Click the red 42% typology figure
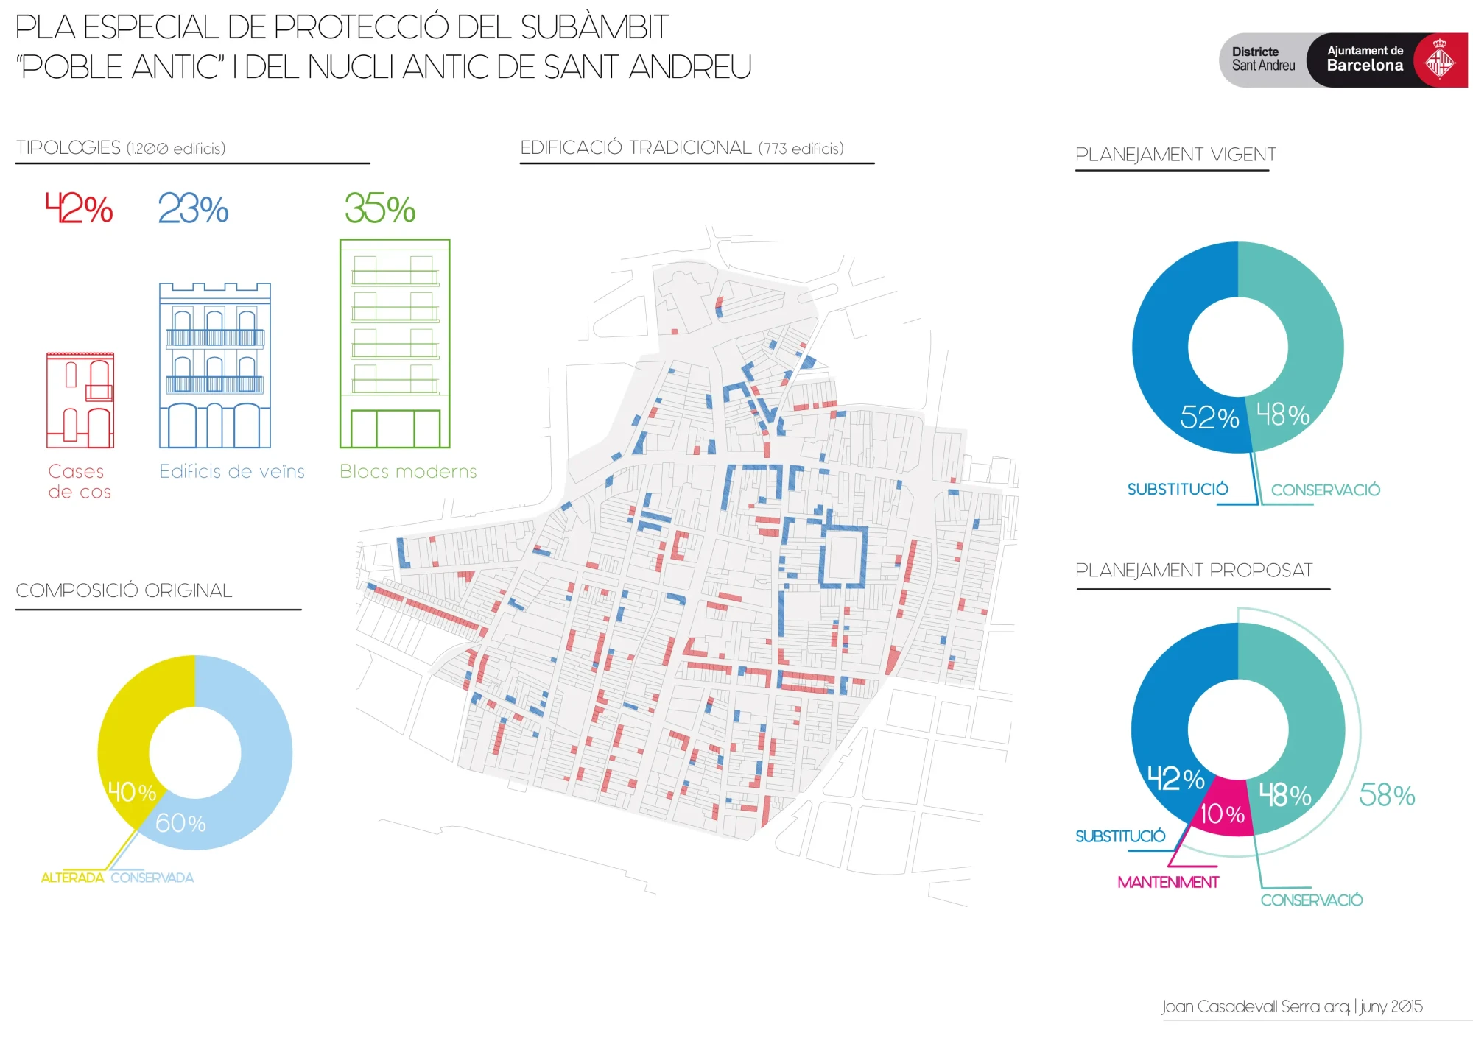[79, 208]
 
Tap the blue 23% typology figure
[193, 208]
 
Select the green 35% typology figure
[380, 208]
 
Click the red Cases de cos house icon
[80, 400]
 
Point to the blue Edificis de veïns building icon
[215, 365]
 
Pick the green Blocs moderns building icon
[395, 343]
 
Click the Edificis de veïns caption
[232, 471]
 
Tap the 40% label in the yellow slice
[132, 792]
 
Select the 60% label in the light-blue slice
[180, 823]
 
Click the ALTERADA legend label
[72, 878]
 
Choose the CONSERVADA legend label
[152, 878]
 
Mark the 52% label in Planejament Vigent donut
[1209, 417]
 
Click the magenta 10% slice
[1221, 810]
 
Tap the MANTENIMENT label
[1168, 882]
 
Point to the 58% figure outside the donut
[1387, 795]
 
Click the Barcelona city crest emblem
[1440, 60]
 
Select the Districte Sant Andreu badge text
[1263, 59]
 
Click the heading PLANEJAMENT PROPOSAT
[1194, 571]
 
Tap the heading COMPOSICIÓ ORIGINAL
[124, 590]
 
